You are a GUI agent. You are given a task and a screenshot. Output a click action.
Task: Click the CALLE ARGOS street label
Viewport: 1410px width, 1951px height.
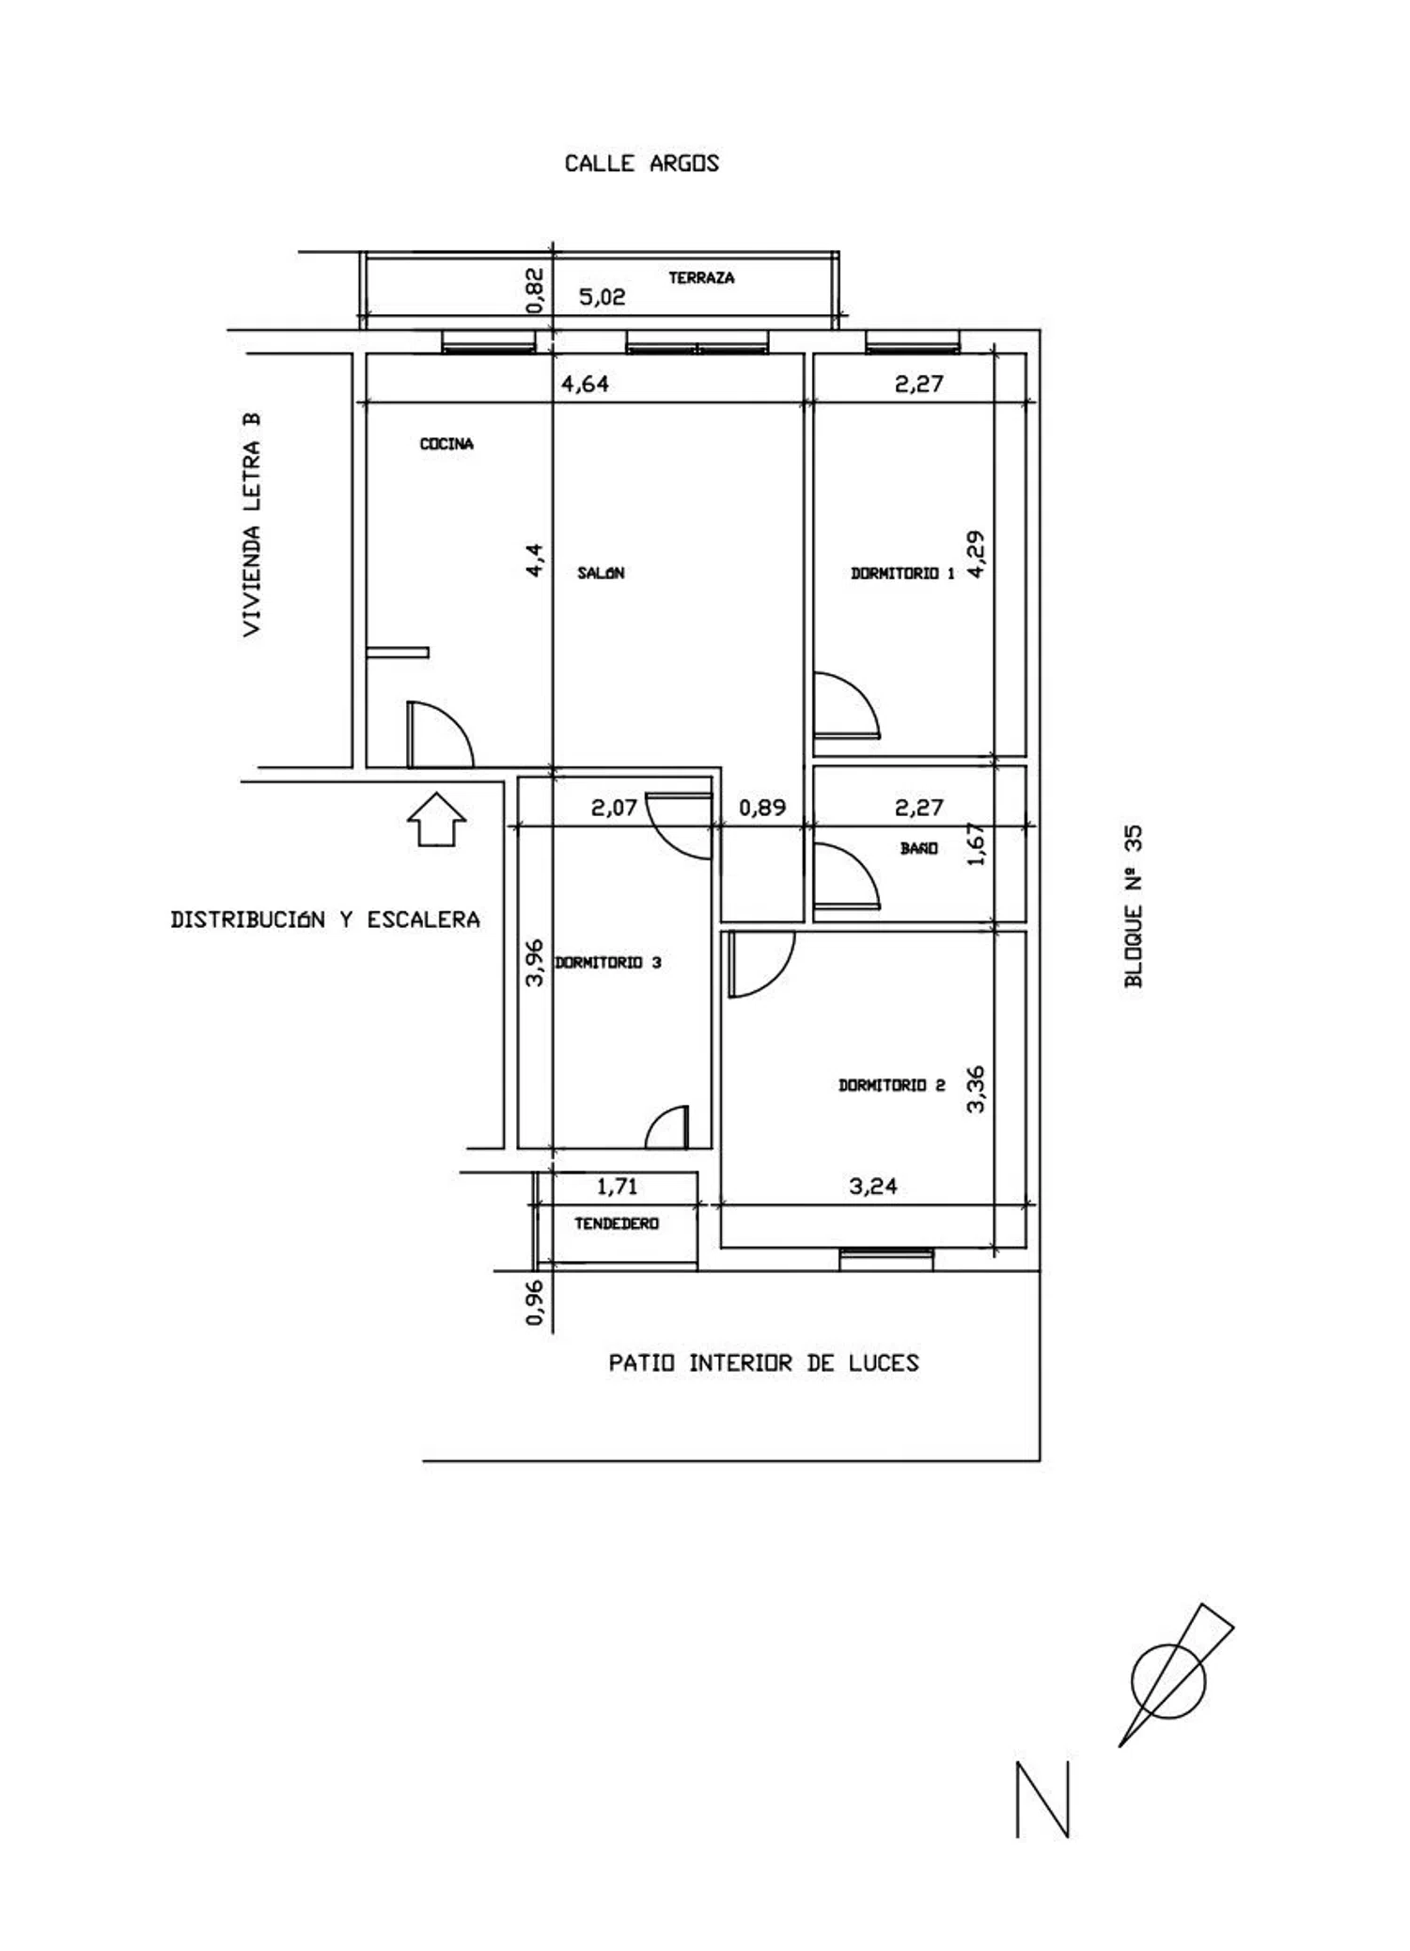click(x=641, y=164)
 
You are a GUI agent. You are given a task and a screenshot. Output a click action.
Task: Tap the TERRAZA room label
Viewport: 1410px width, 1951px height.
click(x=701, y=277)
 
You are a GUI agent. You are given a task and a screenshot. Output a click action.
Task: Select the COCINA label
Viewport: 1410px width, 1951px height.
click(x=446, y=444)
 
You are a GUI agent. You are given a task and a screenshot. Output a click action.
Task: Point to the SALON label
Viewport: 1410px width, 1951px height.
click(x=601, y=573)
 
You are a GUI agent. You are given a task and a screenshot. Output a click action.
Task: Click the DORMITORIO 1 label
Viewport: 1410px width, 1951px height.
click(x=902, y=573)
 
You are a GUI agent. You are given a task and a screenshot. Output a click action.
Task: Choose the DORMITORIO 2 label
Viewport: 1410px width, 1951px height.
click(x=891, y=1085)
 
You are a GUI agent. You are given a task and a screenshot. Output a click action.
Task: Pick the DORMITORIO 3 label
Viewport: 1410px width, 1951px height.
click(x=608, y=962)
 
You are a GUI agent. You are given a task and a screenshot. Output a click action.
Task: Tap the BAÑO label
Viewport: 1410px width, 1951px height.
click(x=918, y=848)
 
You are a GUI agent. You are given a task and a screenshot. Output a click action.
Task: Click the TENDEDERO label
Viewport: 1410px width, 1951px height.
click(x=617, y=1223)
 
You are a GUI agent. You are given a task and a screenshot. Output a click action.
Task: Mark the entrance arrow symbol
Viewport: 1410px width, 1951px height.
click(x=437, y=819)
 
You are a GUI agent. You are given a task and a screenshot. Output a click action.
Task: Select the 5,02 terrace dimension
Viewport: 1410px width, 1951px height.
click(x=602, y=298)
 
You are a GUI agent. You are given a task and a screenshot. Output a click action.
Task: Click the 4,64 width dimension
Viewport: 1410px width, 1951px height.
click(x=585, y=384)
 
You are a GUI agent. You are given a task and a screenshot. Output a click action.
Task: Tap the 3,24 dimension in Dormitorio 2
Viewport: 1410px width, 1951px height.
click(x=873, y=1186)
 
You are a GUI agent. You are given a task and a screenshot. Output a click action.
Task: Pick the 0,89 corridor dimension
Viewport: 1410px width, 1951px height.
click(x=762, y=807)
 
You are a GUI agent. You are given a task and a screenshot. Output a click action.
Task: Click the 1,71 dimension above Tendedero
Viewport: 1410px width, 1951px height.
click(x=618, y=1187)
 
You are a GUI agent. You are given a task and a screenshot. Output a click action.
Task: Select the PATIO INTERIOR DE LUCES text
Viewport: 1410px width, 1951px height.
click(x=763, y=1362)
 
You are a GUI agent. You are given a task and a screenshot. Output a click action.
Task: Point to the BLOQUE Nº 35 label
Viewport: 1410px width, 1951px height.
click(x=1135, y=906)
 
